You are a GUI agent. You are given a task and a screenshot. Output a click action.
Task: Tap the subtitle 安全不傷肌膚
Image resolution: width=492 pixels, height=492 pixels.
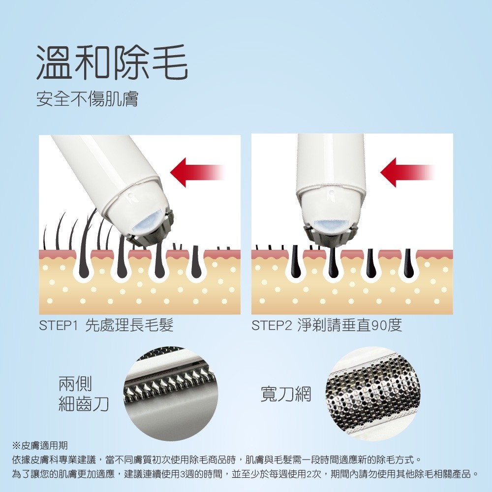coord(87,99)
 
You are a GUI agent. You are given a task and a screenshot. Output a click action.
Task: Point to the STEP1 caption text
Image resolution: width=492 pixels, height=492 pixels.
coord(106,325)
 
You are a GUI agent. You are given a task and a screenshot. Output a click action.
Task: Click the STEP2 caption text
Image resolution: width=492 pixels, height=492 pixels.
coord(326,325)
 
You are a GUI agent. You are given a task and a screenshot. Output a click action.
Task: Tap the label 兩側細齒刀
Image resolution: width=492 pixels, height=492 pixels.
coord(84,394)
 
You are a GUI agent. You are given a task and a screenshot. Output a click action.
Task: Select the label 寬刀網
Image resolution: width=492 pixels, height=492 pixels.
coord(285,394)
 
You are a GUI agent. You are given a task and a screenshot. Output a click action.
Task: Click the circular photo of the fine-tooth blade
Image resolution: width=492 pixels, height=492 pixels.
coord(170,394)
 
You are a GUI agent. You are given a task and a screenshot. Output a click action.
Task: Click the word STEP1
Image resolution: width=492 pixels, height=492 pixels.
coord(58,326)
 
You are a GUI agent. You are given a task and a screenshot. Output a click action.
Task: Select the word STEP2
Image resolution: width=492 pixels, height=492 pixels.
coord(272,326)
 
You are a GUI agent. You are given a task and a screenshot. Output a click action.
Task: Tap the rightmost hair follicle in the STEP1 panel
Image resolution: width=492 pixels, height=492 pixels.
coord(196,262)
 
